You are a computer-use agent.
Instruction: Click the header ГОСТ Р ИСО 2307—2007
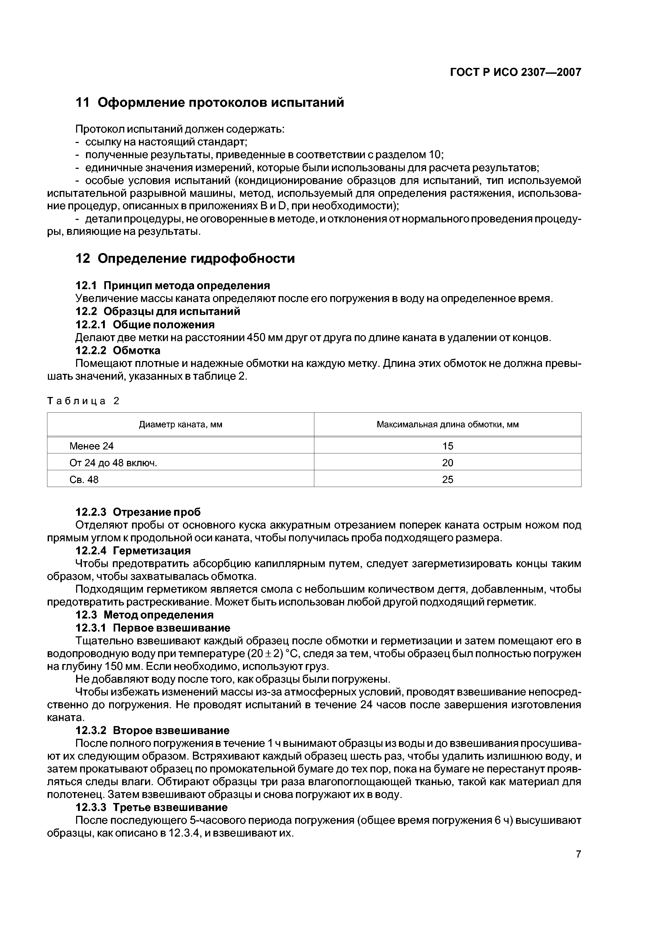click(x=516, y=72)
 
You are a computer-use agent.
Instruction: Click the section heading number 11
click(x=82, y=103)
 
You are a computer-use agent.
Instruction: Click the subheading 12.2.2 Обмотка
click(x=118, y=350)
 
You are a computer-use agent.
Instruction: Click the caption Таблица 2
click(x=83, y=401)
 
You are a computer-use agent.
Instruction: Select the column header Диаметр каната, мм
click(x=180, y=425)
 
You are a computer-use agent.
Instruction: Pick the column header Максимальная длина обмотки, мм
click(x=447, y=425)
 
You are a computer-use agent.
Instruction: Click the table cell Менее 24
click(x=92, y=446)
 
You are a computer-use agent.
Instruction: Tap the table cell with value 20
click(x=447, y=463)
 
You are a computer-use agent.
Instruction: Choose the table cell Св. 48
click(x=84, y=480)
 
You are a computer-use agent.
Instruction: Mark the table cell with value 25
click(x=447, y=480)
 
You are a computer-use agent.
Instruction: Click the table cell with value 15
click(x=447, y=446)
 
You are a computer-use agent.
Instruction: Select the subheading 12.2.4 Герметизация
click(x=133, y=551)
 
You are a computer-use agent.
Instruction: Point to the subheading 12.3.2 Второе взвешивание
click(x=152, y=730)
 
